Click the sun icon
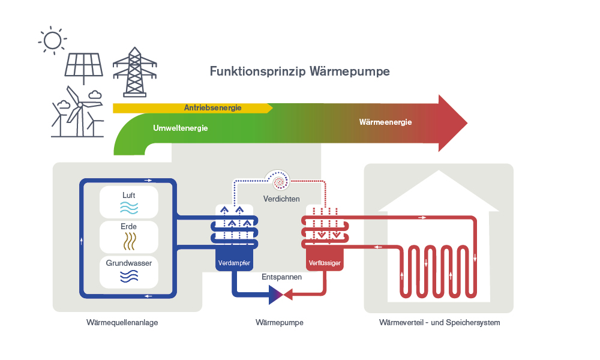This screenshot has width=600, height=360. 52,40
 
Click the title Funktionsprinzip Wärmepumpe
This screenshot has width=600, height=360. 299,71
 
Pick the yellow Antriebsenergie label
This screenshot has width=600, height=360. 212,108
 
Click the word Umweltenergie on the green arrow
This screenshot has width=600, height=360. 180,128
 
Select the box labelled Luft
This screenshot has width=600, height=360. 129,201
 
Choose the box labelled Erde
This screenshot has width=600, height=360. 129,236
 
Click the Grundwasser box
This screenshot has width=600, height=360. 129,271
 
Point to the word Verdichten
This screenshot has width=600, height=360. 281,199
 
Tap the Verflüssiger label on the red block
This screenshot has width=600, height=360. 325,263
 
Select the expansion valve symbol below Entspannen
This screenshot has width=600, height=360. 277,294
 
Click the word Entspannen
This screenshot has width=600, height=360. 281,277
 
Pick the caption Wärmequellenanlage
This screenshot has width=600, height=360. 126,322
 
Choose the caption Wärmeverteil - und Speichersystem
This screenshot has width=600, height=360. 439,322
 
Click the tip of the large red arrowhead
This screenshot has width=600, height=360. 467,122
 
